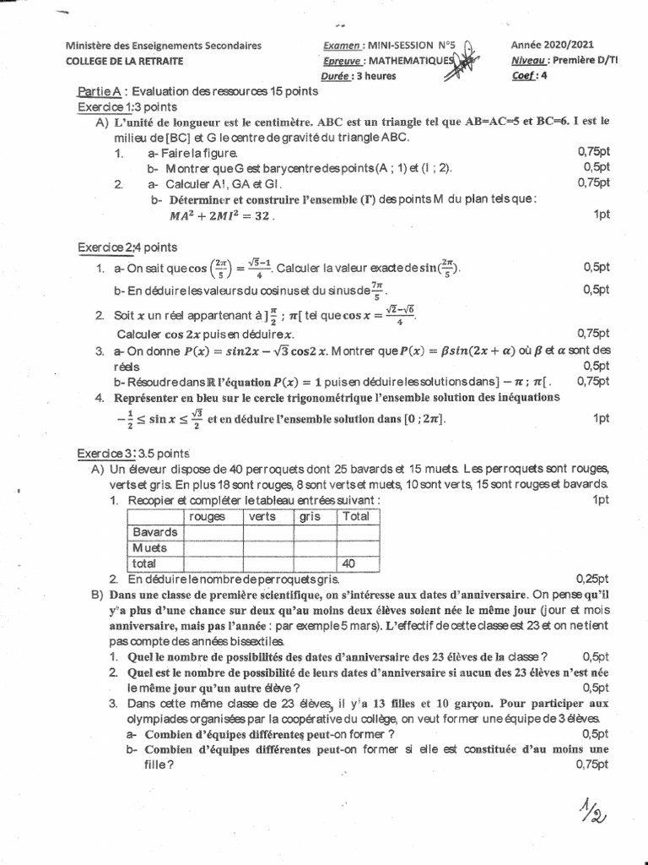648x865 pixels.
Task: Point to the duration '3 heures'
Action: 377,75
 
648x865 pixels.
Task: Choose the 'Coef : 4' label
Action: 529,75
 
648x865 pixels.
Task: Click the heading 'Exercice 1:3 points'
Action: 127,106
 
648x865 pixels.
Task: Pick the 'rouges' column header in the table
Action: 208,517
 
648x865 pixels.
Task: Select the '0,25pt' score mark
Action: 591,579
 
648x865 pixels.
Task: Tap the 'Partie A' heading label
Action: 100,91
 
